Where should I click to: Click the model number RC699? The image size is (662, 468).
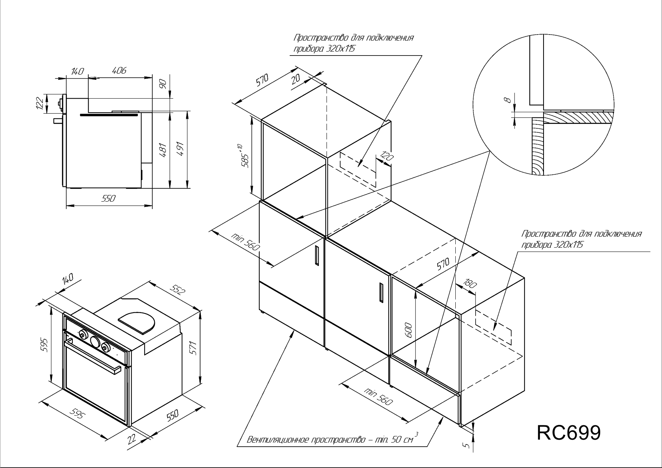point(569,433)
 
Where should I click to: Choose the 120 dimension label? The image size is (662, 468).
point(386,157)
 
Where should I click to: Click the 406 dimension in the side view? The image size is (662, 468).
point(119,70)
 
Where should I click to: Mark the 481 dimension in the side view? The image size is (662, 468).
point(164,149)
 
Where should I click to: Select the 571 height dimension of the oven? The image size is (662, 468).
point(195,348)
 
